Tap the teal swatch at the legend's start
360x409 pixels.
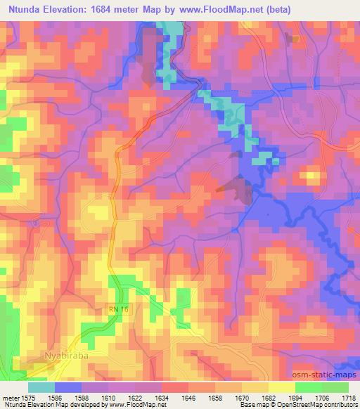41,387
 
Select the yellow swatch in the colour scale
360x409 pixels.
283,387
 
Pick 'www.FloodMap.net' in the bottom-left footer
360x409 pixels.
131,405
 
